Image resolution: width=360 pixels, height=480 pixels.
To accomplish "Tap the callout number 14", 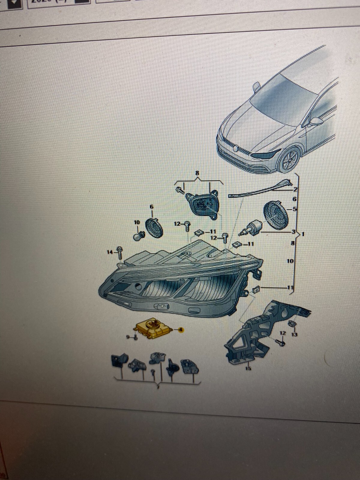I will click(110, 252).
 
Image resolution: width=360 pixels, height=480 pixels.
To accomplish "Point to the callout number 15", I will click(248, 368).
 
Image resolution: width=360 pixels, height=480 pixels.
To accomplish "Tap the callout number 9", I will click(127, 337).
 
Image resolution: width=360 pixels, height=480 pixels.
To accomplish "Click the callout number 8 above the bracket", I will click(197, 173).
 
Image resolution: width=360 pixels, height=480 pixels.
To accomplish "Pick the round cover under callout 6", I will click(154, 228).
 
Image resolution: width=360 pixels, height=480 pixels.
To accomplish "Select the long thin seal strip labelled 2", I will click(258, 189).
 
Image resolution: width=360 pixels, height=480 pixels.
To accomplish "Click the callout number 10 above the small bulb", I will click(137, 222).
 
